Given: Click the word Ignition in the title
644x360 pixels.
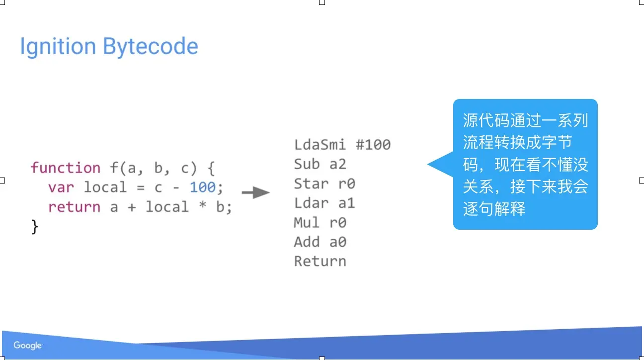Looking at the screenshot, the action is pos(58,47).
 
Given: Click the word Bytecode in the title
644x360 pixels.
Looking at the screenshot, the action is pos(151,47).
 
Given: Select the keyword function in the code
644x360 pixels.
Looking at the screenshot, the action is pos(66,168).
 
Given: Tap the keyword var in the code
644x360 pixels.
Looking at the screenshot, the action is pos(61,187).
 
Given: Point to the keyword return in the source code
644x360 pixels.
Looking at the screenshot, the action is pos(74,207).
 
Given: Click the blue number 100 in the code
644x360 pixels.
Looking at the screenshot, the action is pos(203,187).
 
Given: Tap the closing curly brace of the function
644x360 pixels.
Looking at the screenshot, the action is pos(34,227).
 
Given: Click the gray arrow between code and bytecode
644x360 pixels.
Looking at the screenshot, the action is pos(255,192).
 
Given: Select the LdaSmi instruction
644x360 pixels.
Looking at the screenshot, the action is pos(320,145).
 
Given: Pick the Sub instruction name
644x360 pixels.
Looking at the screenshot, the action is pos(307,164).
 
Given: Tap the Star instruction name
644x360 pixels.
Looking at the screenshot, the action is pos(311,183).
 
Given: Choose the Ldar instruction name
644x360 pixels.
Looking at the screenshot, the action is pos(311,203).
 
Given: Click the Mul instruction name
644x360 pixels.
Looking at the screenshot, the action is pos(307,222).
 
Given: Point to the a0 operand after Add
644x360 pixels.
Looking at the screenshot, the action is pos(338,242).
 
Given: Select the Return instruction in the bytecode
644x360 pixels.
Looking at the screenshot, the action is pos(320,261).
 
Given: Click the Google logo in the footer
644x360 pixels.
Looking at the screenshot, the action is pos(28,345).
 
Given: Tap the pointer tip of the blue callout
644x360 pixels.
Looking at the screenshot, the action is pos(428,164).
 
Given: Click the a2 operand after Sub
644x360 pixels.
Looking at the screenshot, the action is pos(338,164).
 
